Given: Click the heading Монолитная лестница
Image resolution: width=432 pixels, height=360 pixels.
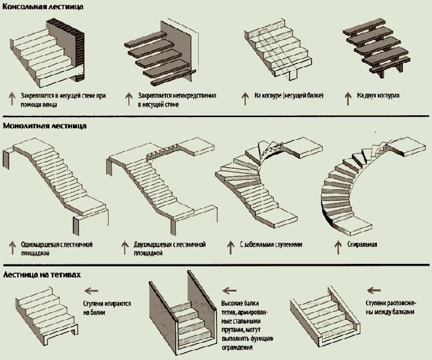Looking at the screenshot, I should [44, 126].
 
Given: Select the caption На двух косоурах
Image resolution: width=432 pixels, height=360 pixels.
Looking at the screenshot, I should [379, 97].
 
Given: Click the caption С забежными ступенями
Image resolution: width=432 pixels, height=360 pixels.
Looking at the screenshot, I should [272, 245].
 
